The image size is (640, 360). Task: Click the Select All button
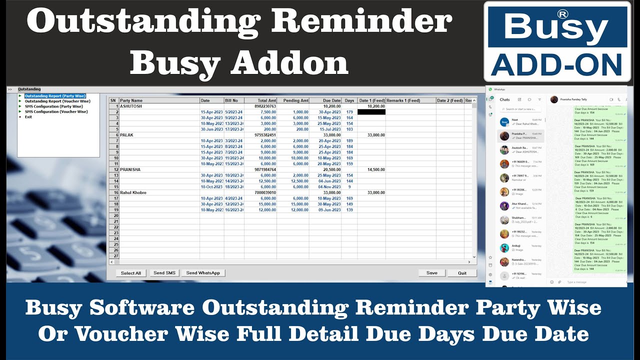[131, 273]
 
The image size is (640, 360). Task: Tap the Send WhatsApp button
[203, 273]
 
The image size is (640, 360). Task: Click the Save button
[432, 273]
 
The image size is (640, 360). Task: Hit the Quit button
[462, 273]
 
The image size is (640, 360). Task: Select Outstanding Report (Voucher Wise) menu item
[57, 101]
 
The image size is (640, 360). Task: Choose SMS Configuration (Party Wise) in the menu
[53, 106]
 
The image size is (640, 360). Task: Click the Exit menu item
[28, 117]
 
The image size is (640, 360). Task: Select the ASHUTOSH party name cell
[131, 106]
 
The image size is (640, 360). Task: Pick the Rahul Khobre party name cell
[134, 192]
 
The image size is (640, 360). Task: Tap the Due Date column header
[331, 100]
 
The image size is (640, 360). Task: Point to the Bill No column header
[231, 100]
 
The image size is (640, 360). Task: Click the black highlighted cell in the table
[371, 112]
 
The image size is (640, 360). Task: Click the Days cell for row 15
[349, 187]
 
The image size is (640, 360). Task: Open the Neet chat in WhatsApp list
[520, 121]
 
